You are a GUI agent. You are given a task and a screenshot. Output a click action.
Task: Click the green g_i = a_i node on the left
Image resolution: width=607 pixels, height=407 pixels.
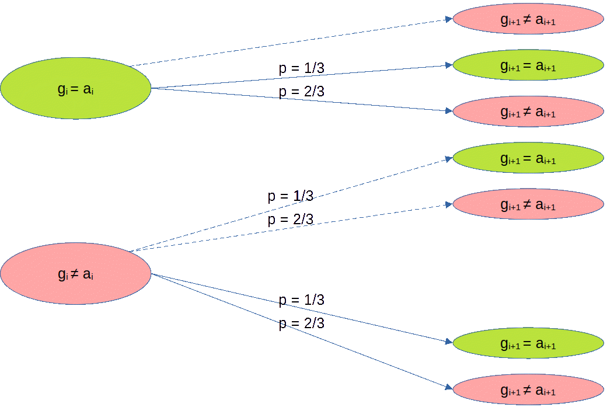(x=75, y=88)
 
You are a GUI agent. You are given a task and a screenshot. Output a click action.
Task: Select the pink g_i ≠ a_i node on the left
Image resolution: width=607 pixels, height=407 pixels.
(x=75, y=274)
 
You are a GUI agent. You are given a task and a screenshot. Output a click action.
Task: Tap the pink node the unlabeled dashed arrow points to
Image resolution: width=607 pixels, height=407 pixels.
(x=528, y=19)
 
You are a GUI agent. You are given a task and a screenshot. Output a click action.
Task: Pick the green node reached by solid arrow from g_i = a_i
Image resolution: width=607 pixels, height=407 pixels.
(x=528, y=65)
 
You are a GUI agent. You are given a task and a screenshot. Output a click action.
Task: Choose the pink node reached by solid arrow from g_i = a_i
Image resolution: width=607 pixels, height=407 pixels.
(x=528, y=112)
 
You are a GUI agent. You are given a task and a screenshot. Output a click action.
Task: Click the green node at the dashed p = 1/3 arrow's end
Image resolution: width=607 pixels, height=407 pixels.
(x=528, y=158)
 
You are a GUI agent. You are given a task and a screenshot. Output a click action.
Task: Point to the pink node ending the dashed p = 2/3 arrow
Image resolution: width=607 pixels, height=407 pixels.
(x=528, y=204)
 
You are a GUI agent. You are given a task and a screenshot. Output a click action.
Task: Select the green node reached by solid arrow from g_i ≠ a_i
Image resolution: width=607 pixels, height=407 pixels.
(x=528, y=343)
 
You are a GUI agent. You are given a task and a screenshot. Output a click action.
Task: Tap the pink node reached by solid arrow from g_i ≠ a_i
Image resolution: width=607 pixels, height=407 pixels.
(x=528, y=389)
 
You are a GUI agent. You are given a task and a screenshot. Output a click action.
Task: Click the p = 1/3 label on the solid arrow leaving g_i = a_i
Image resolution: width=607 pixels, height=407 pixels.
(x=302, y=68)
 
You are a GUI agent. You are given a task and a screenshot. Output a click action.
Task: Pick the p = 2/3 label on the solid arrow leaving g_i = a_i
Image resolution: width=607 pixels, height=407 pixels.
(x=302, y=92)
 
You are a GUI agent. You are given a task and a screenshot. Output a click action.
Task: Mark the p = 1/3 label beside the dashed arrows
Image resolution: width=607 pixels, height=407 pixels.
(x=290, y=196)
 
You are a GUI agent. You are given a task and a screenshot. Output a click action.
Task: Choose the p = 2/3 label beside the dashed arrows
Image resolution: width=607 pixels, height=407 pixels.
(x=290, y=220)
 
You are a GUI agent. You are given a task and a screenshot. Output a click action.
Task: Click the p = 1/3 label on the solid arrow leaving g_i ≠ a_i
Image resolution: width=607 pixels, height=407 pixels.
(x=302, y=300)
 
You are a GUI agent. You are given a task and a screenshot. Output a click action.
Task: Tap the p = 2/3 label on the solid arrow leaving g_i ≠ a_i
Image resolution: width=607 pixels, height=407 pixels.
(x=302, y=323)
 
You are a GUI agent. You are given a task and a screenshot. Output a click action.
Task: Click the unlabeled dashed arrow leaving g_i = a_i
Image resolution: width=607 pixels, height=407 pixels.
(x=291, y=42)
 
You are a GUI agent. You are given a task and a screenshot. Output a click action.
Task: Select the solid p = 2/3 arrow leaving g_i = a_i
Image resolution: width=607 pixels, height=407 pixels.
(x=302, y=100)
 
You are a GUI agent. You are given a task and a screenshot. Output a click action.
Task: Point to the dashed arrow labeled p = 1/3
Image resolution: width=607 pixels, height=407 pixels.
(x=291, y=204)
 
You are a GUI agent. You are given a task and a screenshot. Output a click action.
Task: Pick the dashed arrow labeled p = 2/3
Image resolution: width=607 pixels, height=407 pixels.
(x=291, y=228)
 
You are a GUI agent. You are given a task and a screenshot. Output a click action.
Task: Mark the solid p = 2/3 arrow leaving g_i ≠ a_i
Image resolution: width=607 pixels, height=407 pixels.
(x=302, y=331)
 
